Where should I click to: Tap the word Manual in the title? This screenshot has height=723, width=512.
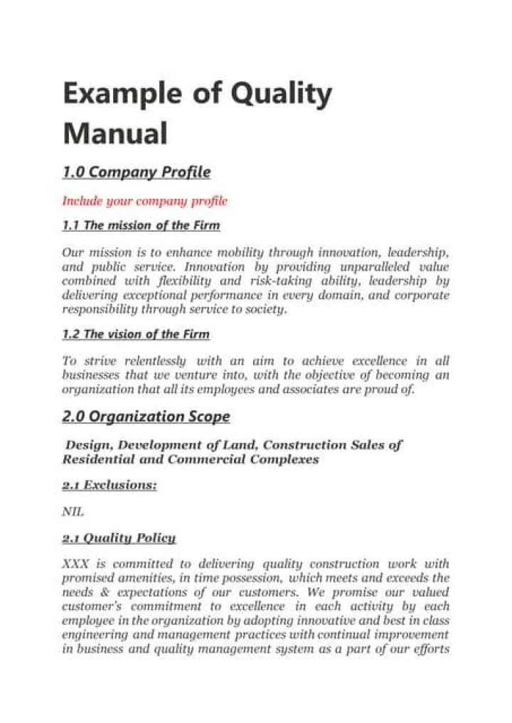tap(115, 134)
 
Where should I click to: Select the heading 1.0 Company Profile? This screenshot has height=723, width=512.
tap(136, 172)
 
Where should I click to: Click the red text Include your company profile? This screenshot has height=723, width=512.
tap(144, 201)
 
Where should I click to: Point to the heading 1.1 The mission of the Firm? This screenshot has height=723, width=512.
tap(141, 226)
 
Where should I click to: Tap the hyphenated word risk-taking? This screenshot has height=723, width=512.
tap(309, 281)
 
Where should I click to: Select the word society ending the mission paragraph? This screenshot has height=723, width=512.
tap(267, 309)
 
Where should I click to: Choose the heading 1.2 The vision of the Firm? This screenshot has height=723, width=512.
tap(136, 334)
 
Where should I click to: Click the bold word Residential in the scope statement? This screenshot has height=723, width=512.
tap(97, 459)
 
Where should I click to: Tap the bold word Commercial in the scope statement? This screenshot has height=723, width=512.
tap(208, 459)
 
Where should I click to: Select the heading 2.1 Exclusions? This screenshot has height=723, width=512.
tap(109, 485)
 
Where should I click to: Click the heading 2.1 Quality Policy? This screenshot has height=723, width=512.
tap(119, 537)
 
